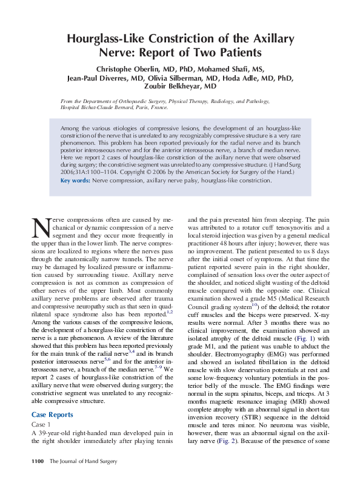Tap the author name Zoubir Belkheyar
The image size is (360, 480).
[x=179, y=87]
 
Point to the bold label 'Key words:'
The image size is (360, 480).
[x=76, y=181]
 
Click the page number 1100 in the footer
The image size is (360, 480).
[x=38, y=462]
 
